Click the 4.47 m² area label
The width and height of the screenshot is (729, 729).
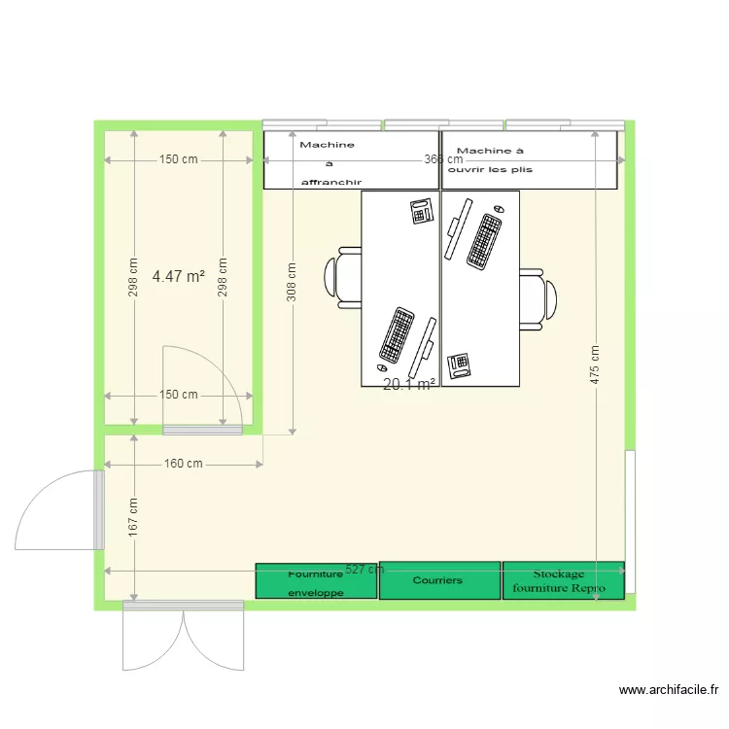tap(179, 277)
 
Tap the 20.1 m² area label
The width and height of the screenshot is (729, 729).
tap(408, 385)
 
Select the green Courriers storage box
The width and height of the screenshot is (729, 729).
tap(437, 580)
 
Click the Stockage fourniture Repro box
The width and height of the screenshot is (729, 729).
tap(563, 580)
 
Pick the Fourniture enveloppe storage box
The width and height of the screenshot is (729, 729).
tap(316, 580)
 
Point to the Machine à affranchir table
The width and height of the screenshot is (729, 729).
tap(351, 160)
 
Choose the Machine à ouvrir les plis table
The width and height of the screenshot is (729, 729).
tap(529, 160)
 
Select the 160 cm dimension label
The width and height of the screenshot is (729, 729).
tap(184, 465)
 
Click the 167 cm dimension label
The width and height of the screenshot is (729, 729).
tap(133, 517)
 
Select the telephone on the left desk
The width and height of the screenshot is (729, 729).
tap(422, 210)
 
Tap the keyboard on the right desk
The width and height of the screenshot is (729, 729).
tap(484, 242)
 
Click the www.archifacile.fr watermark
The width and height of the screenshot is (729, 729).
tap(669, 690)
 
